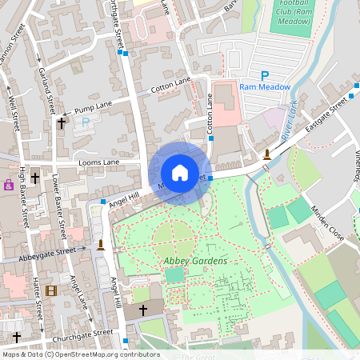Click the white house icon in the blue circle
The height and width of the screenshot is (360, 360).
pos(180,173)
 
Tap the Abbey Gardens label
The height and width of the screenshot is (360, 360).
pos(196,261)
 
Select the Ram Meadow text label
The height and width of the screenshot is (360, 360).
pos(263,87)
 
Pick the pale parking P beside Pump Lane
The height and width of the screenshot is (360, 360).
pos(86,123)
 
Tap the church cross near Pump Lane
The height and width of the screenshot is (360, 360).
pos(62,123)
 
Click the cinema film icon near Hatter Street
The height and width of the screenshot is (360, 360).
pos(51,290)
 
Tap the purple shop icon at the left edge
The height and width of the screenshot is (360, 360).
pos(9,184)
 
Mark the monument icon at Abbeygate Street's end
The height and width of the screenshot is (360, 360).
pos(101,244)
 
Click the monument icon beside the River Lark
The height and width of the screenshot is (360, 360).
pos(266,154)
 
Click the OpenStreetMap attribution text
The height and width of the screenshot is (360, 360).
pos(80,354)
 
